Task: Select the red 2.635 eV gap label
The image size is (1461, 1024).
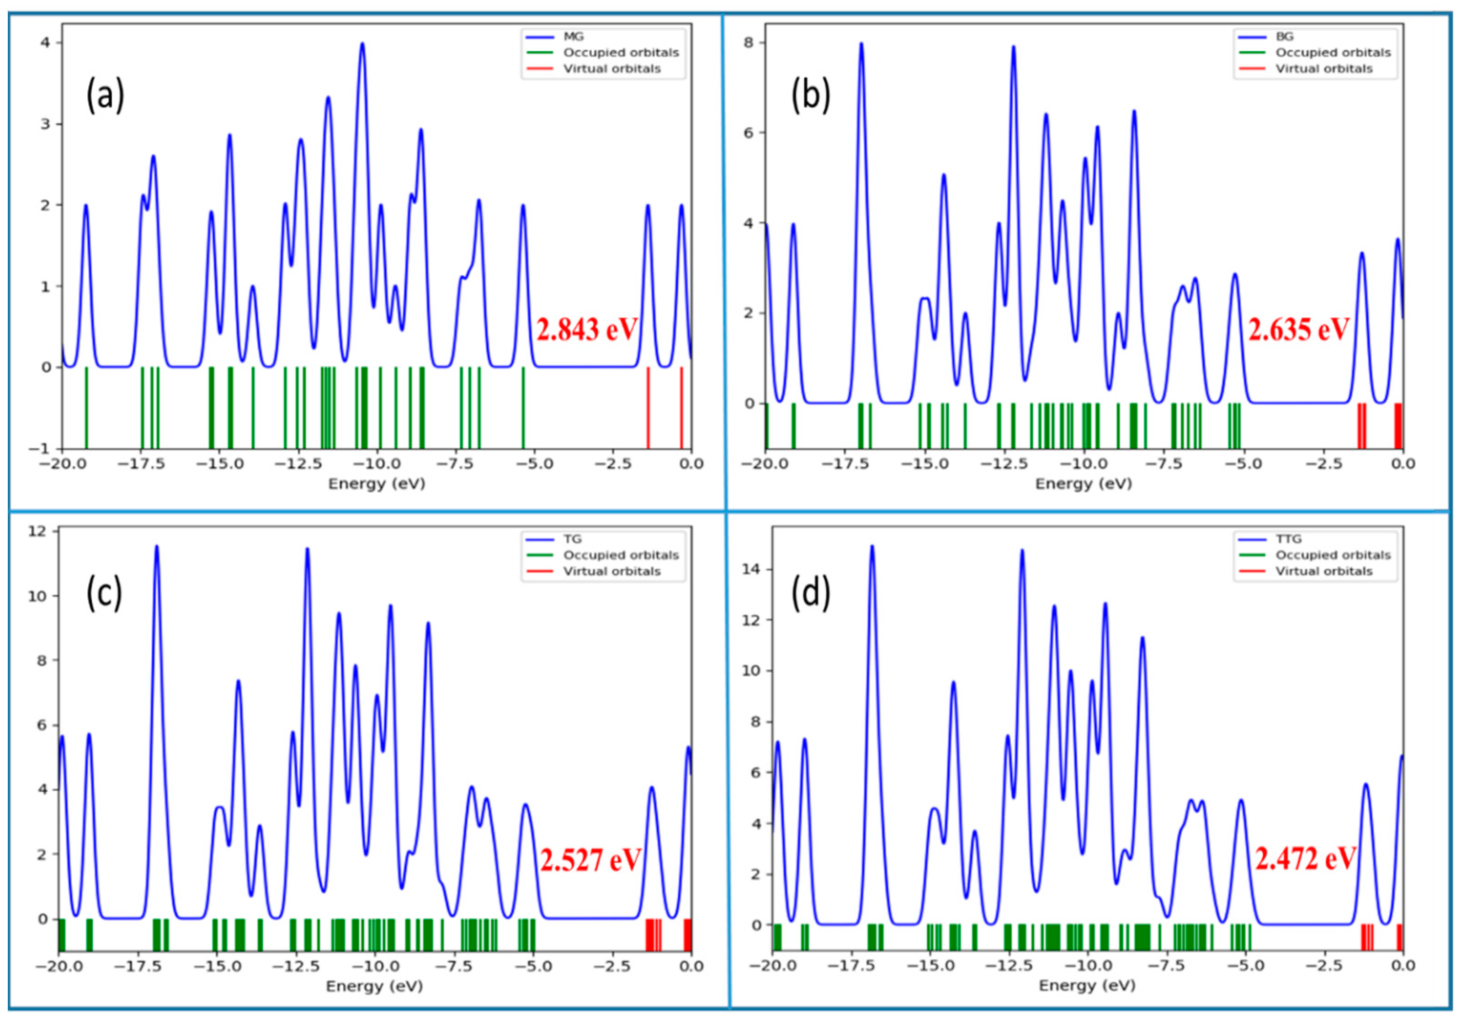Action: point(1298,330)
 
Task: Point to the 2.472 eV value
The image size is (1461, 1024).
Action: point(1305,859)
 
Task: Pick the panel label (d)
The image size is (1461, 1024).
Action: point(811,593)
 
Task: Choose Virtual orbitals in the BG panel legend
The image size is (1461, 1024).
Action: point(1323,69)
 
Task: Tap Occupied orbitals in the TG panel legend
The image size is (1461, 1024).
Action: point(621,555)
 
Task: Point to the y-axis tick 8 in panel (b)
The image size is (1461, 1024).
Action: point(751,43)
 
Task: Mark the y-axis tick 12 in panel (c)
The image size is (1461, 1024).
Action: point(38,531)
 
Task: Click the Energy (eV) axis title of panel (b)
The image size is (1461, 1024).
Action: point(1083,484)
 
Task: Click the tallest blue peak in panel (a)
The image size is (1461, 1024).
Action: point(362,44)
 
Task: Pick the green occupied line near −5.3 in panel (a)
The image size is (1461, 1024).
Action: point(523,407)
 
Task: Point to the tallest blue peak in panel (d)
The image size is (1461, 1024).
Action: point(872,547)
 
